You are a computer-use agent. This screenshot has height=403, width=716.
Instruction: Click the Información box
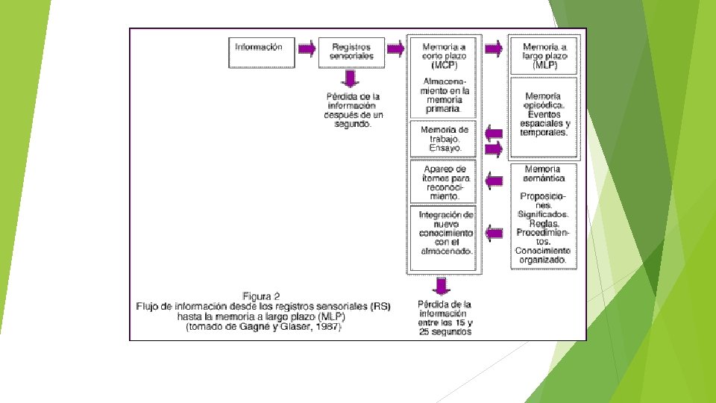click(259, 47)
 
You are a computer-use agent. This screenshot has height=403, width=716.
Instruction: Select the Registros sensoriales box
click(351, 51)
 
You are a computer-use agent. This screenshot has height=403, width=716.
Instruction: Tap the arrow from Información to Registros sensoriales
click(306, 49)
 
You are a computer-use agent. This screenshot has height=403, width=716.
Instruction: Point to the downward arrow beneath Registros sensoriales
click(350, 78)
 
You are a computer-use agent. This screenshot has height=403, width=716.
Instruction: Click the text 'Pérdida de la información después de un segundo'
click(354, 110)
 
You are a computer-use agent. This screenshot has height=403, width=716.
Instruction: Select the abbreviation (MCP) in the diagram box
click(445, 64)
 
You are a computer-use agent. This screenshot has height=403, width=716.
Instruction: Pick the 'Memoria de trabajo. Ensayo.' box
click(445, 139)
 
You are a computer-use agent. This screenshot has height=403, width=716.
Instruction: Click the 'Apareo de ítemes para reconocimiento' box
click(445, 181)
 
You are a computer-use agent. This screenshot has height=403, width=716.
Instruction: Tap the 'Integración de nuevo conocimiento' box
click(445, 234)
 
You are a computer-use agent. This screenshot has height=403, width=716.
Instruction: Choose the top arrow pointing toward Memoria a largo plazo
click(493, 49)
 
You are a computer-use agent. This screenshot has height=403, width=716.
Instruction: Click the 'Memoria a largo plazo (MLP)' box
click(544, 55)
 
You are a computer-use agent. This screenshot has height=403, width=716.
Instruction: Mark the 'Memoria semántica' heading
click(544, 174)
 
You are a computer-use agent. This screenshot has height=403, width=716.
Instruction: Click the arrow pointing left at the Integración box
click(493, 234)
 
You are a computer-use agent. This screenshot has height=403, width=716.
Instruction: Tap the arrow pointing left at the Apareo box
click(493, 180)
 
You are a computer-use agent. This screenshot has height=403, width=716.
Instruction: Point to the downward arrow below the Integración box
click(442, 286)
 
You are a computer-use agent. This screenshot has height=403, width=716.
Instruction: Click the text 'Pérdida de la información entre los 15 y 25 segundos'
click(445, 318)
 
